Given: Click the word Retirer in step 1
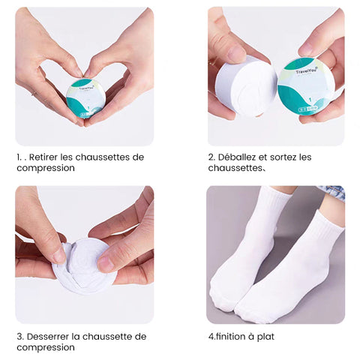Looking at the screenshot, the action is click(43, 157).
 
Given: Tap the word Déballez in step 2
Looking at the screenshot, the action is click(236, 157).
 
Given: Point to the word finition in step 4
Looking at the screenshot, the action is click(230, 337).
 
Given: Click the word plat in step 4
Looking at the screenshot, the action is click(265, 337).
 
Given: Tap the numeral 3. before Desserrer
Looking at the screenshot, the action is click(20, 337).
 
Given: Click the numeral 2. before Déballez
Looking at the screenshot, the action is click(211, 157).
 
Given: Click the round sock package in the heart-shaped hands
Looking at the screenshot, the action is click(85, 98).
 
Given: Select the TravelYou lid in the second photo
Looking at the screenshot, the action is click(298, 86).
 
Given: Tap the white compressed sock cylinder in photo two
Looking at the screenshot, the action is click(245, 88).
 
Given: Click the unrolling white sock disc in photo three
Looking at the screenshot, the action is click(82, 265).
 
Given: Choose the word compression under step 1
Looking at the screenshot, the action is click(46, 168).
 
